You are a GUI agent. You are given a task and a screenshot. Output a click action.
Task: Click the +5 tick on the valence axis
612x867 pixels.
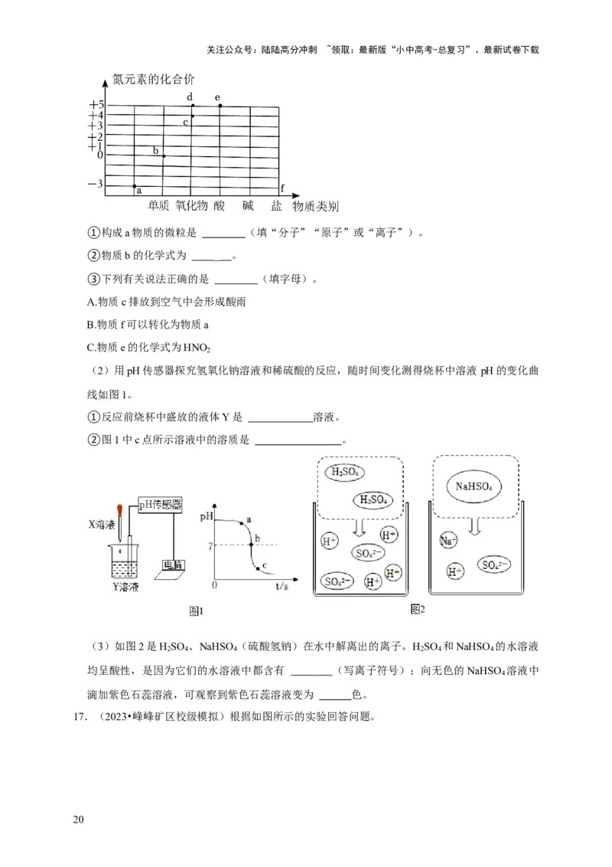click(x=96, y=105)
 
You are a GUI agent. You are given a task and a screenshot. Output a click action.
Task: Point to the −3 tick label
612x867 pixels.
click(x=95, y=184)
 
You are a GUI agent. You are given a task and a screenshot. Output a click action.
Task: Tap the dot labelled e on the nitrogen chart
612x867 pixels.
click(x=220, y=106)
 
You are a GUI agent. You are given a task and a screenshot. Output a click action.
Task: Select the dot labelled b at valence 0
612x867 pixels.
click(x=163, y=156)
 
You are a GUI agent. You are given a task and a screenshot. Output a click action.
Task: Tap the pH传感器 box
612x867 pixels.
click(x=160, y=504)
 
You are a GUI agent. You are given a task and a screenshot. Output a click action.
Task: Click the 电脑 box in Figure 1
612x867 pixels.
click(x=173, y=565)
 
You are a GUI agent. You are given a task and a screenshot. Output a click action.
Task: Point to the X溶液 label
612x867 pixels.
click(x=102, y=525)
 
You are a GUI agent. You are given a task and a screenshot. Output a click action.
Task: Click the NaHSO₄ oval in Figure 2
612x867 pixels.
click(x=474, y=486)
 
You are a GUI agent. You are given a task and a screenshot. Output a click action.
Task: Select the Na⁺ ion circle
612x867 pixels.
click(x=448, y=541)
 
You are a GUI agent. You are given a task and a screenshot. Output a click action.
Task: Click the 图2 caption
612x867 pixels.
click(x=417, y=609)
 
